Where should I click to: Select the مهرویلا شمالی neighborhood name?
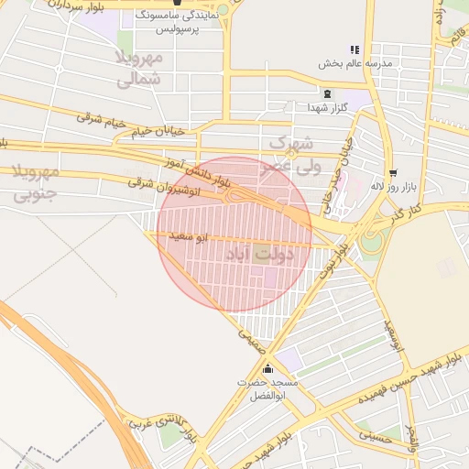pos(139,69)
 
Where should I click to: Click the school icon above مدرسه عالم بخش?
pos(354,49)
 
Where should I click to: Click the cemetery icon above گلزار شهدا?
pos(327,93)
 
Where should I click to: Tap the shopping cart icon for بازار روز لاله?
pos(393,172)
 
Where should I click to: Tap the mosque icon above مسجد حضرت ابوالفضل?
pos(267,369)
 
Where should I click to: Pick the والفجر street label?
pos(414,439)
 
